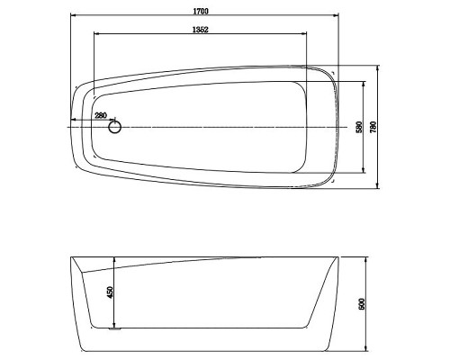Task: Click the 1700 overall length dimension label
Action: tap(201, 12)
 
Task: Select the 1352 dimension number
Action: tap(201, 30)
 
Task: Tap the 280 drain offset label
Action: tap(101, 115)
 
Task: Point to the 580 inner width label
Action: tap(359, 127)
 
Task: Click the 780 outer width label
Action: tap(373, 127)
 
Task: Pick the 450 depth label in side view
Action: tap(110, 292)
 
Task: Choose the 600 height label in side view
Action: tap(362, 304)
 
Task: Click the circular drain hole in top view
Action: tap(114, 127)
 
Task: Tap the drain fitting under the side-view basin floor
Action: tap(114, 329)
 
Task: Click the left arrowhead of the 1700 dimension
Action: tap(73, 14)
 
